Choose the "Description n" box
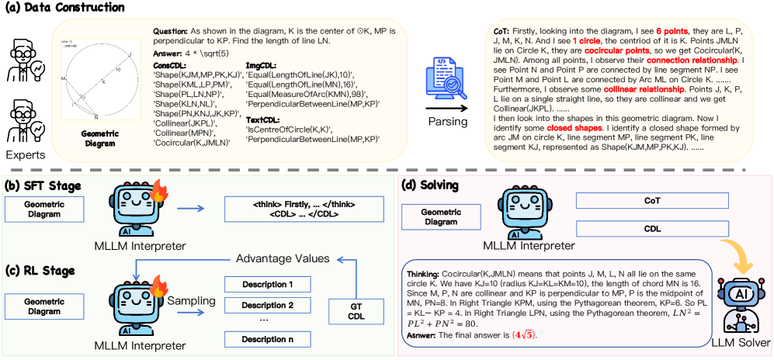pyautogui.click(x=262, y=339)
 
